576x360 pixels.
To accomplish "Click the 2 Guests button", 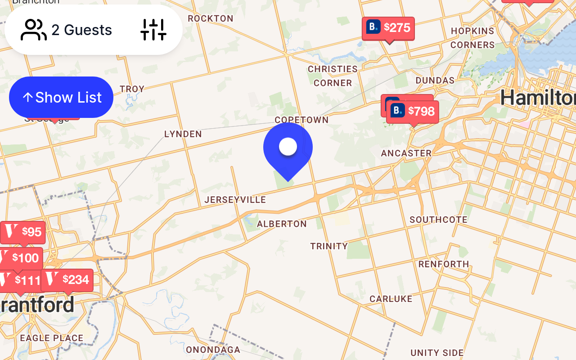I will (x=67, y=30).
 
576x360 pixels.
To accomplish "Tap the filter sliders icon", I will (x=153, y=30).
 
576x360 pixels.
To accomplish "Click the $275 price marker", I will (x=388, y=28).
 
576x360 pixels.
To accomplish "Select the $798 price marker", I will (x=413, y=111).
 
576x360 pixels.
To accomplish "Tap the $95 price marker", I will (x=23, y=232).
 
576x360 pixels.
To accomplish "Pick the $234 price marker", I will (x=67, y=280).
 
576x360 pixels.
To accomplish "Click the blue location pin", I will (x=288, y=148).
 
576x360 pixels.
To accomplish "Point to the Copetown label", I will (x=301, y=120).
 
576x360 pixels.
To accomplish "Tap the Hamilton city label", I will (x=538, y=98).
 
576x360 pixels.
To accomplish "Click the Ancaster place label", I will (x=406, y=153).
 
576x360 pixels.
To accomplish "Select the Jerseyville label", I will (x=235, y=200).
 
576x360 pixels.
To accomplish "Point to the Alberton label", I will (x=282, y=224).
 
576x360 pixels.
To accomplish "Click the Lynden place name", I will (x=183, y=134).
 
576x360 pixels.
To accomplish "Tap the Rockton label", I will (x=211, y=18).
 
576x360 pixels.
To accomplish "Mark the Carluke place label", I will (x=391, y=299).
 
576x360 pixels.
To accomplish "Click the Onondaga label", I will (x=213, y=350).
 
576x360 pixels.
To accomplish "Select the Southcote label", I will (x=438, y=220).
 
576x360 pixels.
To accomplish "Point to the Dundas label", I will (x=435, y=80).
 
